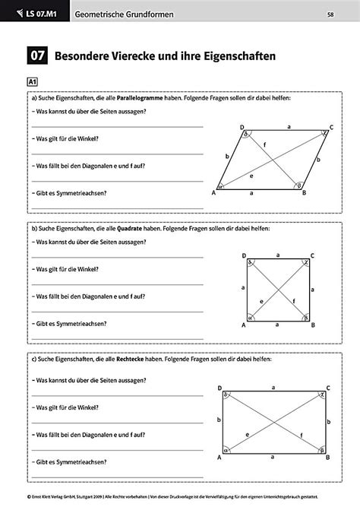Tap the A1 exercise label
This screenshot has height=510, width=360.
33,81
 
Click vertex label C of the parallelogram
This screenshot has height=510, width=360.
332,127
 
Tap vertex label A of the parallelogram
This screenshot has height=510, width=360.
214,192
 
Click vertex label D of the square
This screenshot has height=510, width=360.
243,256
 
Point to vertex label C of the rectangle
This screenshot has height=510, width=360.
333,388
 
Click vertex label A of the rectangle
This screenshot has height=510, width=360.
219,458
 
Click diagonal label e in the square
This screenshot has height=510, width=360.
262,302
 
